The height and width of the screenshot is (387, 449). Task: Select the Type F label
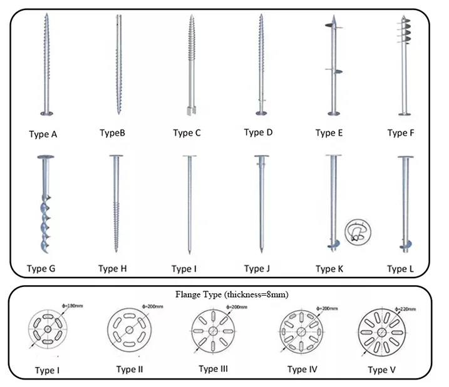[401, 133]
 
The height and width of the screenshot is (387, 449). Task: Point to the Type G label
[41, 269]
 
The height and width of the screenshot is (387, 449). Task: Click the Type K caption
[327, 269]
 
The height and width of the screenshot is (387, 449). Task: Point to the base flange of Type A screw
[47, 114]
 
